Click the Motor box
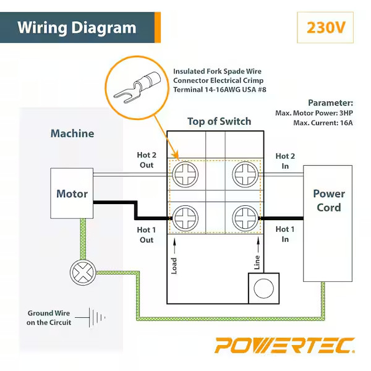[72, 194]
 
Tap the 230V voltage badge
[325, 28]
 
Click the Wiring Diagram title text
[77, 28]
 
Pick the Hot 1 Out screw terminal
[185, 218]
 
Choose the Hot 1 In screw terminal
[244, 218]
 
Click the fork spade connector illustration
[137, 85]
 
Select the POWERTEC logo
[284, 345]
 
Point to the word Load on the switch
[175, 267]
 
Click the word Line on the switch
[257, 263]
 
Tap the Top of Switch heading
[220, 121]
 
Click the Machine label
[72, 134]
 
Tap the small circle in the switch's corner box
[264, 288]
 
